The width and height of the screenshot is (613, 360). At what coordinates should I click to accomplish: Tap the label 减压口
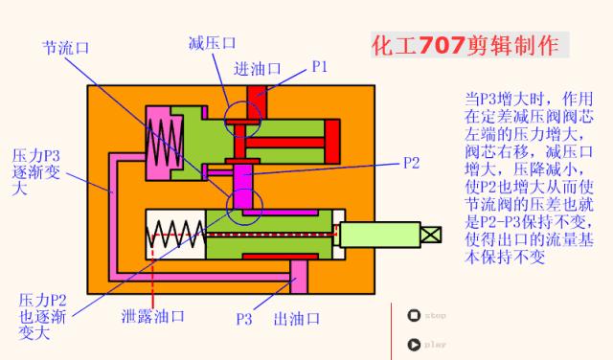coord(212,42)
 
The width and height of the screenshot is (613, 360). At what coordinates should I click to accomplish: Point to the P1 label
coord(320,66)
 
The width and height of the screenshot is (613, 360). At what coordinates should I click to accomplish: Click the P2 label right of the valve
coord(411,162)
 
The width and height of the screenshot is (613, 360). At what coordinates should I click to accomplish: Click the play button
coord(413,344)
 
